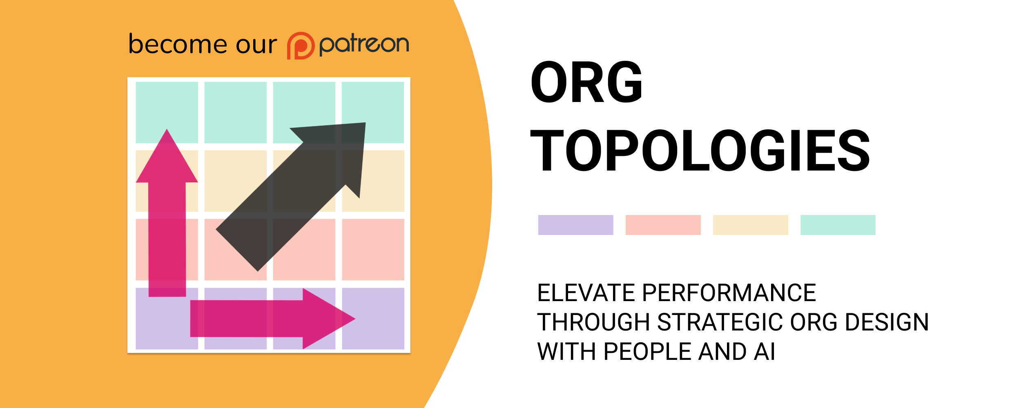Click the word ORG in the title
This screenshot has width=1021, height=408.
pos(586,82)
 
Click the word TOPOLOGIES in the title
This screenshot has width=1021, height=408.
pos(700,150)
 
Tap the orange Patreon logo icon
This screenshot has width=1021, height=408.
pos(301,46)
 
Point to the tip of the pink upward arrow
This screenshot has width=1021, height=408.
pos(167,129)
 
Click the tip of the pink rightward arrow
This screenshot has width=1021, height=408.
pos(355,319)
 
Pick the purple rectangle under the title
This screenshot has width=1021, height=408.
pos(575,225)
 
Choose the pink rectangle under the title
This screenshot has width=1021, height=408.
pos(663,225)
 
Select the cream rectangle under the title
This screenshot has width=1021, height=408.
pos(750,225)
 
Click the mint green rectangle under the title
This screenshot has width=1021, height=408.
pos(838,225)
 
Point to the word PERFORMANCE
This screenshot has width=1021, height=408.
pos(729,293)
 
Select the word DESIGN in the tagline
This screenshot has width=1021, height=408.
pos(887,322)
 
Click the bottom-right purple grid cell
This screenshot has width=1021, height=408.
pos(373,319)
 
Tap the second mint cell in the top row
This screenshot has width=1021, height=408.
pos(235,113)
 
